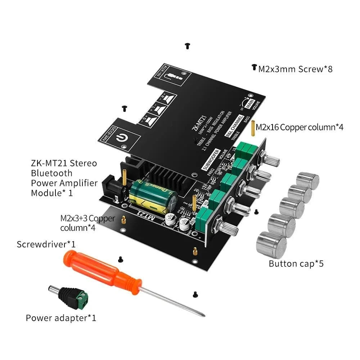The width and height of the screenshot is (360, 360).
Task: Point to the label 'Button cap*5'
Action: click(296, 264)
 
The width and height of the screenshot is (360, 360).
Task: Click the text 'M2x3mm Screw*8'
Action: click(295, 69)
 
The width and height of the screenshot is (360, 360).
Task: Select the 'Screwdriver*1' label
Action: click(46, 244)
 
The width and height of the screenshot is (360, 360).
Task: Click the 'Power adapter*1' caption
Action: click(61, 318)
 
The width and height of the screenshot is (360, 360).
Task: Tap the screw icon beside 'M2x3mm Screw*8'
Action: click(254, 67)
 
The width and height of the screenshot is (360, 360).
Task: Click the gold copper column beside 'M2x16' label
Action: click(253, 127)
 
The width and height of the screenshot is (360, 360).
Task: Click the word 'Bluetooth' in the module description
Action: click(51, 173)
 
